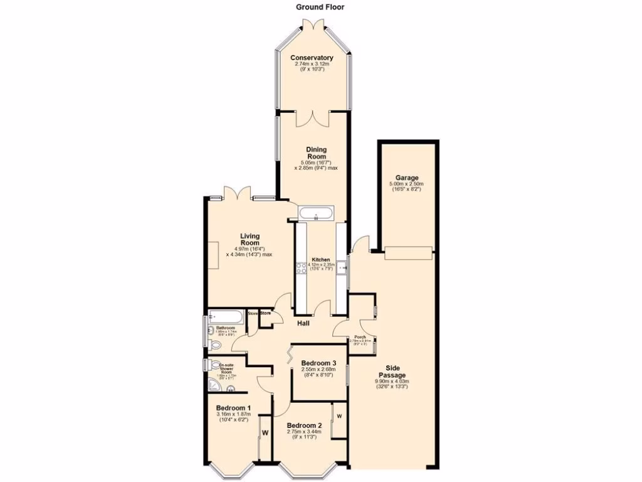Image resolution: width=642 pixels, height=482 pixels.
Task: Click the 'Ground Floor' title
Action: coord(320,8)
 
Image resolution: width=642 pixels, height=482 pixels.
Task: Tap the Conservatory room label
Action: coord(312,58)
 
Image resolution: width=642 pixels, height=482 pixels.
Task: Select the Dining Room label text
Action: coord(316,153)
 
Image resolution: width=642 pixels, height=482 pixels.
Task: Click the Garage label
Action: coord(407,178)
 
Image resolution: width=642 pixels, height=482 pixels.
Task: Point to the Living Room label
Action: coord(250,240)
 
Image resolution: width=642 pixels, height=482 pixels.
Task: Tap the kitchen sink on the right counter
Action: coord(341,269)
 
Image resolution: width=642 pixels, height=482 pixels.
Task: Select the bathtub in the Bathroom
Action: coord(227,316)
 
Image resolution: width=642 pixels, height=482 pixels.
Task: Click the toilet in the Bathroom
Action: coord(215,345)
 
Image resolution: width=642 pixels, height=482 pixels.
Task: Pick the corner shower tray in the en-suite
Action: coord(213,385)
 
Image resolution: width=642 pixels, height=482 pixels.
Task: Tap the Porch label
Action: coord(360,336)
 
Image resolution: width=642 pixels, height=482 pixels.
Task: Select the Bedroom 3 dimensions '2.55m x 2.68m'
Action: coord(319,370)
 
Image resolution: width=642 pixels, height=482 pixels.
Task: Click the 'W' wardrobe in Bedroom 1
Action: coord(265,432)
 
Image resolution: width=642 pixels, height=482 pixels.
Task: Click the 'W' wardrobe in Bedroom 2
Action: coord(339,416)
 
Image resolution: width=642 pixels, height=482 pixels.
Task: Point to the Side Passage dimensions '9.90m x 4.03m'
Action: coord(392,381)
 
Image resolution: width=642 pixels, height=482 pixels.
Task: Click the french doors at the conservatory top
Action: coord(312,26)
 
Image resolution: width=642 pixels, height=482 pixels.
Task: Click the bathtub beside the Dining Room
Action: coord(316,215)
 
